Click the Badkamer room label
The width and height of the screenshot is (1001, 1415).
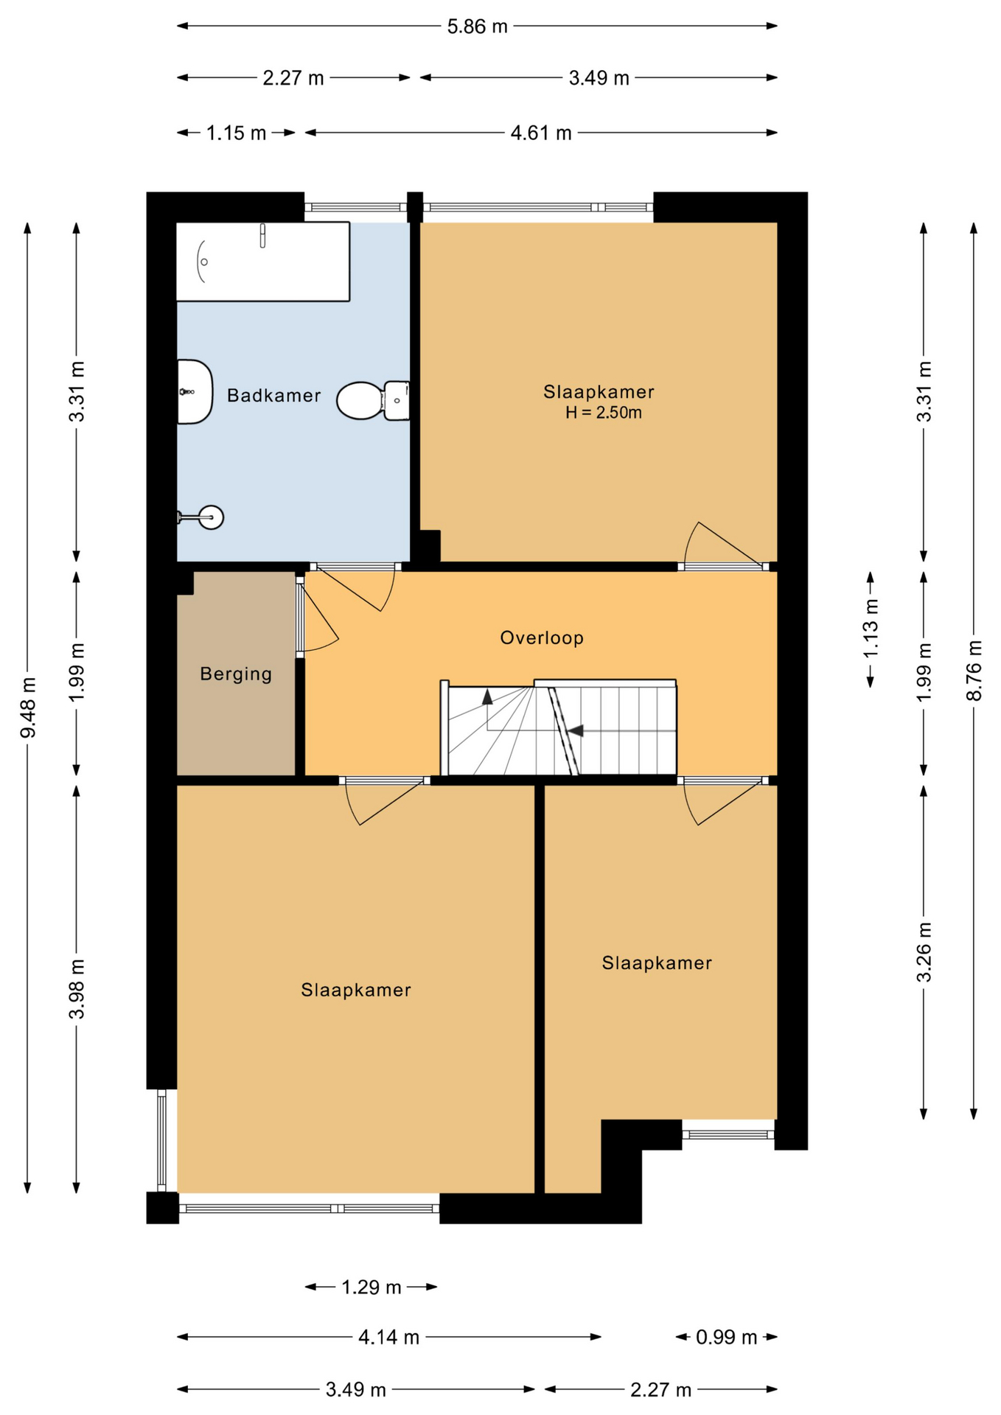pyautogui.click(x=273, y=396)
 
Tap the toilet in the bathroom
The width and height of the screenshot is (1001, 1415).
pyautogui.click(x=373, y=400)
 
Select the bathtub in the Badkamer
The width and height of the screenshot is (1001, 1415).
pyautogui.click(x=262, y=262)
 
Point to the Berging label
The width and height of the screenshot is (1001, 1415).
pyautogui.click(x=236, y=674)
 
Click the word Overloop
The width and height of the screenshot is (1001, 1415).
pyautogui.click(x=542, y=637)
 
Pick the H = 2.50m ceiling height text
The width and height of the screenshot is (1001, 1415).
pyautogui.click(x=604, y=413)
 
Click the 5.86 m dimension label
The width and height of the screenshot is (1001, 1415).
pyautogui.click(x=478, y=27)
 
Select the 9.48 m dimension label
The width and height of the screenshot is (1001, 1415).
pyautogui.click(x=28, y=707)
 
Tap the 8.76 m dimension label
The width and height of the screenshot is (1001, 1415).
pyautogui.click(x=974, y=671)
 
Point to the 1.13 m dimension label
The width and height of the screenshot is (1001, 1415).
pyautogui.click(x=871, y=628)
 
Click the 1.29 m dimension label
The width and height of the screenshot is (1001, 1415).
pyautogui.click(x=372, y=1288)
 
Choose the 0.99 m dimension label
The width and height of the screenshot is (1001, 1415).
pyautogui.click(x=727, y=1337)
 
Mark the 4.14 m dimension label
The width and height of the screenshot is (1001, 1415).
pyautogui.click(x=389, y=1337)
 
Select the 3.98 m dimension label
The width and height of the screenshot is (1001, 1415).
pyautogui.click(x=77, y=989)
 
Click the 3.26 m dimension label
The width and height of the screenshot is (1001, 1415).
pyautogui.click(x=924, y=952)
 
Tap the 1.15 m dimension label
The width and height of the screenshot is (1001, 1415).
pyautogui.click(x=236, y=133)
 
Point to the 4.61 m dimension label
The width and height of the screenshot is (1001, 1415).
pyautogui.click(x=541, y=133)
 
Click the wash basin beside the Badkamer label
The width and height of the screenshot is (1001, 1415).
pyautogui.click(x=195, y=392)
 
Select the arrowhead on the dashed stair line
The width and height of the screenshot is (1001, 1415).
pyautogui.click(x=575, y=730)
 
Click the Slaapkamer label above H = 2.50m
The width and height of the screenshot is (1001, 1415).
pyautogui.click(x=599, y=392)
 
